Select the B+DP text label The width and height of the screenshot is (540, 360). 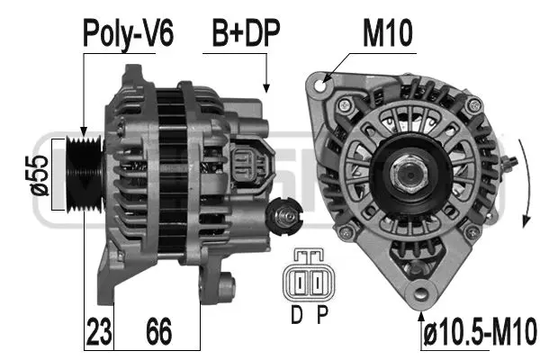[246, 34]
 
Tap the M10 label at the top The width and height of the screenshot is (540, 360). [387, 34]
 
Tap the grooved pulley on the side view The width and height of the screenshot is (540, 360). [85, 175]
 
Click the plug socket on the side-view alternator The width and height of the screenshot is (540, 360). [244, 166]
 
